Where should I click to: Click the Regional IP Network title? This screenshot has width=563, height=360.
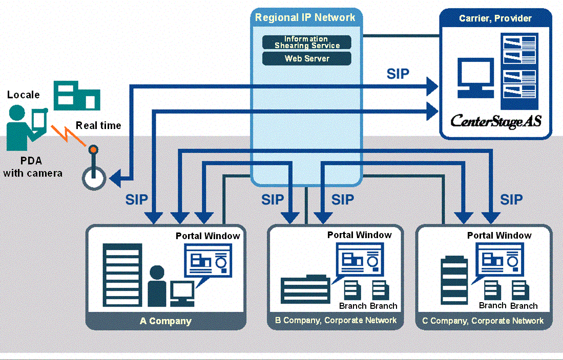coord(305,17)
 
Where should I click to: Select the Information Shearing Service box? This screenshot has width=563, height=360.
coord(306,42)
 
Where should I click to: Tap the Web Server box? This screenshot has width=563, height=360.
coord(306,58)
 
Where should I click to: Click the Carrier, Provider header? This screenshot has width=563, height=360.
coord(495,18)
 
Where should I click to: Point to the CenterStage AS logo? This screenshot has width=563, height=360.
coord(495,121)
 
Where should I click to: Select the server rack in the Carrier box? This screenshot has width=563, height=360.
coord(518,67)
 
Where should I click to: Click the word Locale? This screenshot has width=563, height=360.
coord(24,95)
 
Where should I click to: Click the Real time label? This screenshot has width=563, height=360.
coord(98,125)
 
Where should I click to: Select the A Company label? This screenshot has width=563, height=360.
coord(165,322)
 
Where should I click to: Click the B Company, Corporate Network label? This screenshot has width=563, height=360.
coord(336,321)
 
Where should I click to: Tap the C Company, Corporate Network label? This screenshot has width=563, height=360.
coord(483,321)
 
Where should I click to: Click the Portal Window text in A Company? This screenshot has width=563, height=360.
coord(207,236)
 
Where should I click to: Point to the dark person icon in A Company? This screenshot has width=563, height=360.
coord(157,286)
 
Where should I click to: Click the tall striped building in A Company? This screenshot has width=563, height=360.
coord(122,274)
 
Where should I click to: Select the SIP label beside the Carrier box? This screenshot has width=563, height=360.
coord(398,74)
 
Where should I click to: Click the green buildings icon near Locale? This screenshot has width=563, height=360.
coord(77,95)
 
